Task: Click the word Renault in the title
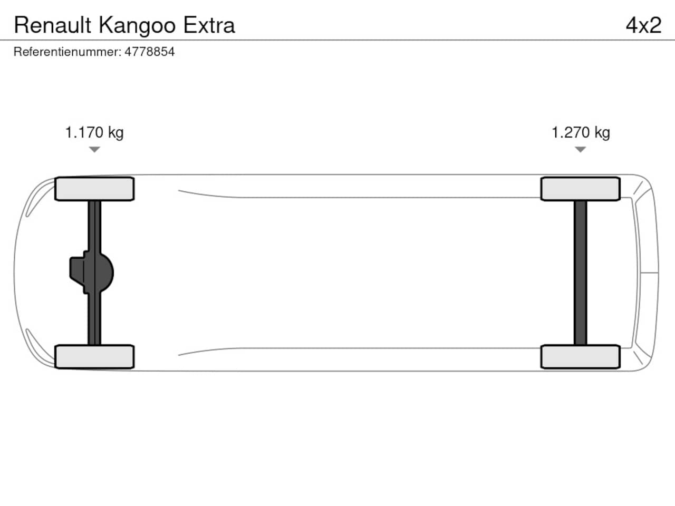[53, 25]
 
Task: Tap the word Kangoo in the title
[137, 26]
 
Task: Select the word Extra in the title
[209, 25]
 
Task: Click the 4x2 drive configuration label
[643, 25]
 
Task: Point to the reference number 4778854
[149, 52]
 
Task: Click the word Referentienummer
[67, 52]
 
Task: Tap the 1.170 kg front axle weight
[94, 133]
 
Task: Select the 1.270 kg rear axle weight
[581, 133]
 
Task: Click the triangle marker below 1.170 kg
[94, 149]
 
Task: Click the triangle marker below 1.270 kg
[580, 149]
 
